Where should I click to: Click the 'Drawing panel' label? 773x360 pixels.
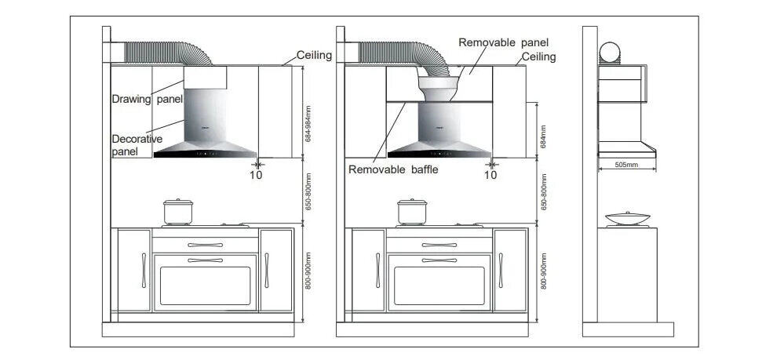(x=147, y=99)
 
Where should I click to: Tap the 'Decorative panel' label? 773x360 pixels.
(x=137, y=144)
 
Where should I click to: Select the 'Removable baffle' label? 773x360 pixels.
(x=393, y=169)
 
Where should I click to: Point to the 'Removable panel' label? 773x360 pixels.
(x=503, y=42)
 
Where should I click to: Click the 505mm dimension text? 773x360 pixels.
(x=625, y=165)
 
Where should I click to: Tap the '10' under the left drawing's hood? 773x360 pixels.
(x=256, y=175)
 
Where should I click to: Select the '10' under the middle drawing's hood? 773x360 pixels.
(x=490, y=175)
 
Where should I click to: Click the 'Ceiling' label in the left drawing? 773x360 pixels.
(x=314, y=56)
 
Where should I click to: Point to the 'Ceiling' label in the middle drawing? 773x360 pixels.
(x=539, y=56)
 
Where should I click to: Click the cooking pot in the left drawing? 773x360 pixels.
(x=177, y=212)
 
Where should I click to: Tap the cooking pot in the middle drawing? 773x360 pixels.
(x=411, y=212)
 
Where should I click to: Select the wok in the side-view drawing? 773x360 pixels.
(x=624, y=219)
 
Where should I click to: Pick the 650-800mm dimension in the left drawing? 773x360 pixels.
(x=308, y=192)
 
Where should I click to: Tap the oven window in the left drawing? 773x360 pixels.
(x=205, y=285)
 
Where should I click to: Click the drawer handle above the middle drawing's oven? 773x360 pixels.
(x=439, y=245)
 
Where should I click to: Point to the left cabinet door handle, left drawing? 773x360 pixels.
(x=144, y=270)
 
